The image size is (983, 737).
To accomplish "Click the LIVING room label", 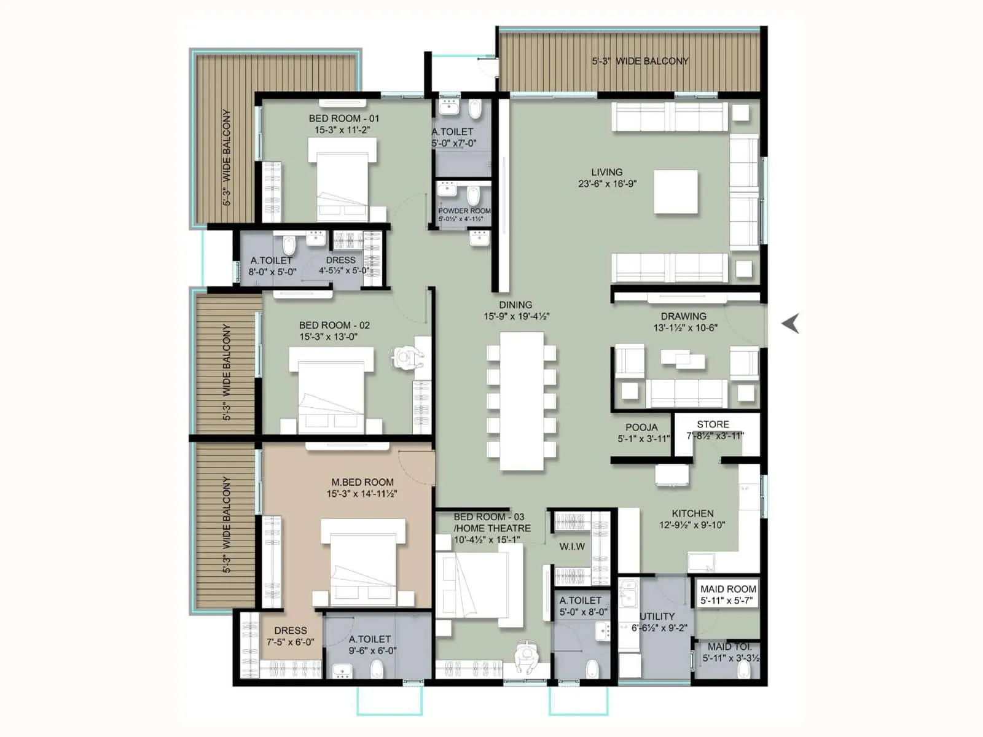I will point(606,172).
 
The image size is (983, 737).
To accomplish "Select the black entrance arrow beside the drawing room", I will point(791,323).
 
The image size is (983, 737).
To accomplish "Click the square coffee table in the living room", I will point(675,192).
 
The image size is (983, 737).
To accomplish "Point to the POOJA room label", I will point(641,427).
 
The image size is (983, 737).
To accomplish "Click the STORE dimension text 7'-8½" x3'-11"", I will point(715,435).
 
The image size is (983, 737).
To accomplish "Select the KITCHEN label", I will point(692,513).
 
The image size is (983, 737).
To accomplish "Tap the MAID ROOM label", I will point(728,588).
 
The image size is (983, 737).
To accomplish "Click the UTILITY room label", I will point(657,616).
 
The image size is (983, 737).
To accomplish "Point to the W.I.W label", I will point(572,546).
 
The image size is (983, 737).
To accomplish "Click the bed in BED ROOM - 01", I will point(342,179).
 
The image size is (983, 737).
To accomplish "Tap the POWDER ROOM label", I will point(464,211).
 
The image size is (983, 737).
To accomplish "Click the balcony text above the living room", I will point(640,61).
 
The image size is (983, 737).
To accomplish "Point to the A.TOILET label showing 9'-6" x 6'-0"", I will point(369,639).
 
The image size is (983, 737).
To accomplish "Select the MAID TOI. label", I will point(729,646).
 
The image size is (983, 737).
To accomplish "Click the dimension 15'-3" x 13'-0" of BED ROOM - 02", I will point(328,337).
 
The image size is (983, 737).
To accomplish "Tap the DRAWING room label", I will point(683,316).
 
